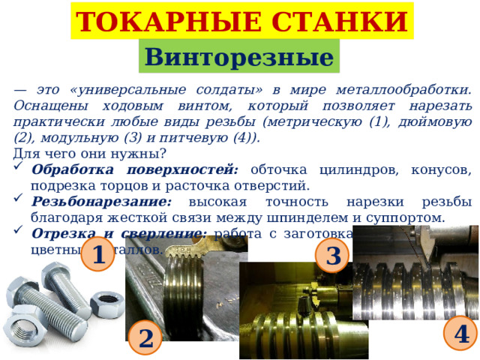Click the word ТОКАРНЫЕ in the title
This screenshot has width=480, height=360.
(154, 22)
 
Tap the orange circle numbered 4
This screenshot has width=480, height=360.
(460, 332)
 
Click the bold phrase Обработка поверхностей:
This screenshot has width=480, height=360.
(135, 169)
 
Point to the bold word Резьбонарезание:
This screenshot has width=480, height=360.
(102, 202)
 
